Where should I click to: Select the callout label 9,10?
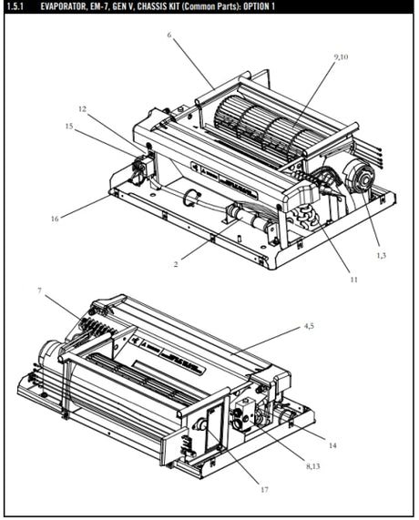point(342,56)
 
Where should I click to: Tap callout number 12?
point(82,108)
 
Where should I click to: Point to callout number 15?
point(68,127)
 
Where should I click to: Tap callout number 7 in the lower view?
point(40,291)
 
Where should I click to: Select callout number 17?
point(264,490)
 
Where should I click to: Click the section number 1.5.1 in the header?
point(17,6)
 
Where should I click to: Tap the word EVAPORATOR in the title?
point(66,6)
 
